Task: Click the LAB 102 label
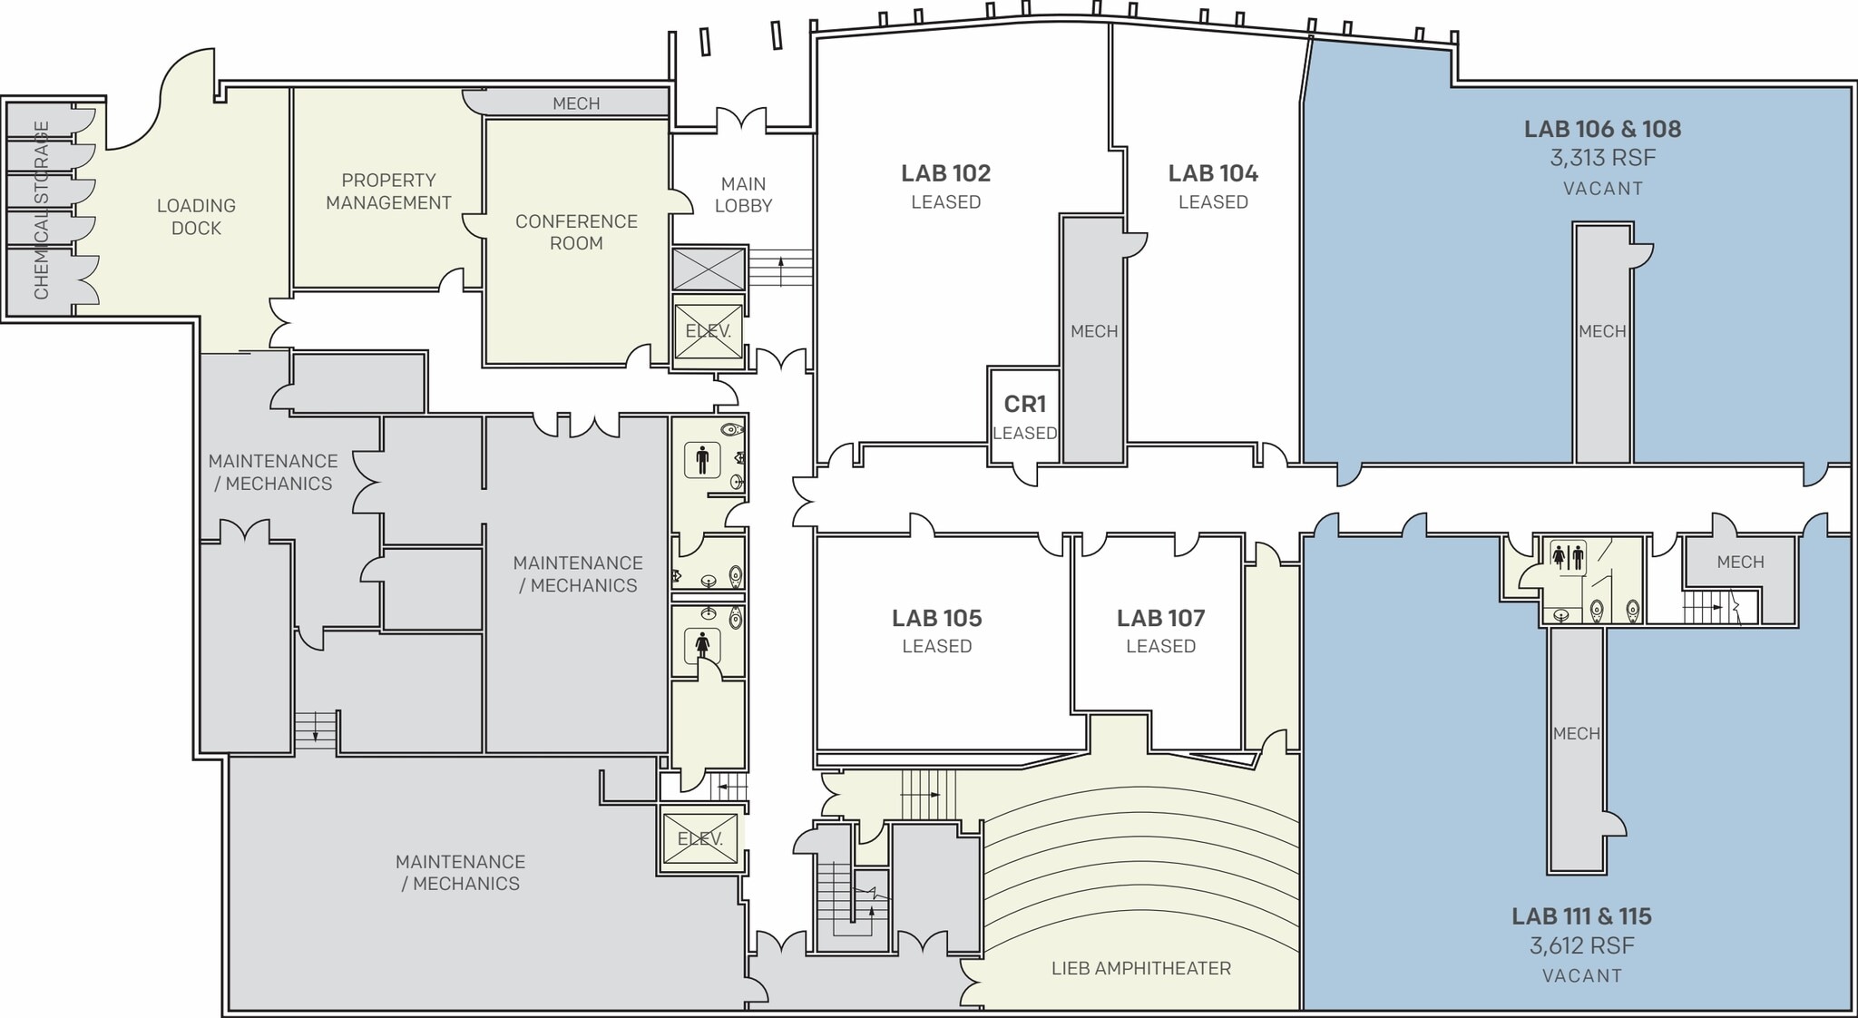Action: click(945, 173)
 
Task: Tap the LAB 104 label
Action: click(1213, 173)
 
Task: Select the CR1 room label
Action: click(1024, 404)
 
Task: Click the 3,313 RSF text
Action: click(1602, 159)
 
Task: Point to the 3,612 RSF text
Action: click(1581, 946)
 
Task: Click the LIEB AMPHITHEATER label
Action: click(1140, 968)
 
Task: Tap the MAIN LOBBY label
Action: click(743, 195)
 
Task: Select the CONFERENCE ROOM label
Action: click(576, 232)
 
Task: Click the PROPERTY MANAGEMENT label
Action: click(388, 191)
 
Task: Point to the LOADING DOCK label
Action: click(196, 217)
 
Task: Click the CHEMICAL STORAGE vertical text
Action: click(42, 210)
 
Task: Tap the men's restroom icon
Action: click(702, 460)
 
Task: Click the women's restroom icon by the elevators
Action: click(702, 645)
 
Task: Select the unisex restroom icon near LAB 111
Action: click(1568, 556)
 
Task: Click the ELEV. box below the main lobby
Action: click(708, 331)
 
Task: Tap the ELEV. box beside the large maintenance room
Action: click(699, 839)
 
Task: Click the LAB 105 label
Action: click(936, 618)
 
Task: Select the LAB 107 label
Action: click(1160, 618)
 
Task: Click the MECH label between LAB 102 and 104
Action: click(1093, 331)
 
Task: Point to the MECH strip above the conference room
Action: click(576, 103)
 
